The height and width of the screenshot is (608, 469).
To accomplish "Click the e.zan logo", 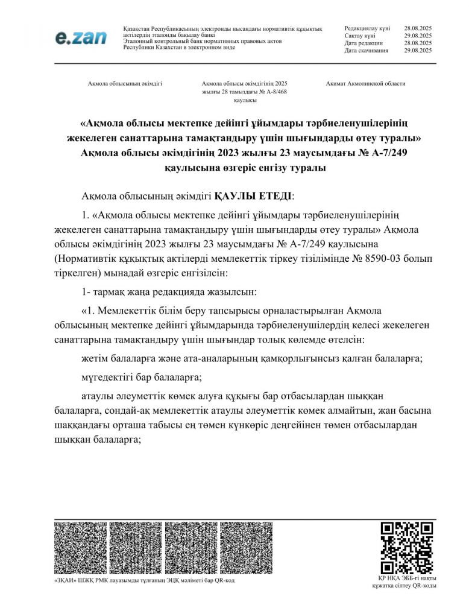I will pyautogui.click(x=81, y=37).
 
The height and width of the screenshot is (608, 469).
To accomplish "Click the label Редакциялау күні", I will pyautogui.click(x=367, y=28).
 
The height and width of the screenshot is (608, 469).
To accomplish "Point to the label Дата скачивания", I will pyautogui.click(x=367, y=51).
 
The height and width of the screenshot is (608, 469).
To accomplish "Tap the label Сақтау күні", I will pyautogui.click(x=360, y=36).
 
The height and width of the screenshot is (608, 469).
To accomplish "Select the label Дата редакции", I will pyautogui.click(x=364, y=43).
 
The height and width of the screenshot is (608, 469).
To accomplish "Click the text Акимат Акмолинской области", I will pyautogui.click(x=365, y=84).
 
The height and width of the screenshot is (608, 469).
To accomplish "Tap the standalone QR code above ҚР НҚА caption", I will pyautogui.click(x=407, y=548).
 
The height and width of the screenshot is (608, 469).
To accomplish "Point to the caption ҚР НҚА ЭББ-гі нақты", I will pyautogui.click(x=404, y=578).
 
